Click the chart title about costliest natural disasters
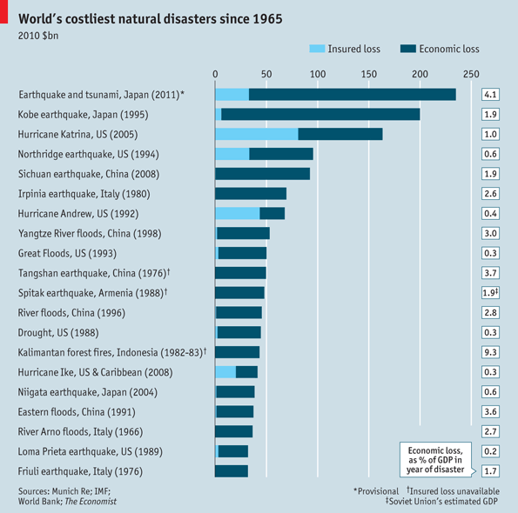(150, 18)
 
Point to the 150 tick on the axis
(369, 73)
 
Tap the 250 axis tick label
(471, 73)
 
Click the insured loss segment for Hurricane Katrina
(256, 134)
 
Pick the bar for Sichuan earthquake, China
(262, 174)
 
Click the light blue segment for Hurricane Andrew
(237, 214)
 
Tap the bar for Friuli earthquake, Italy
(232, 471)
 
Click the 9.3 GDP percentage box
(490, 352)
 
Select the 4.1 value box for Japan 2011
(490, 94)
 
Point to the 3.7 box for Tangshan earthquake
(490, 273)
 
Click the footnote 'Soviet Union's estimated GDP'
(443, 502)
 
